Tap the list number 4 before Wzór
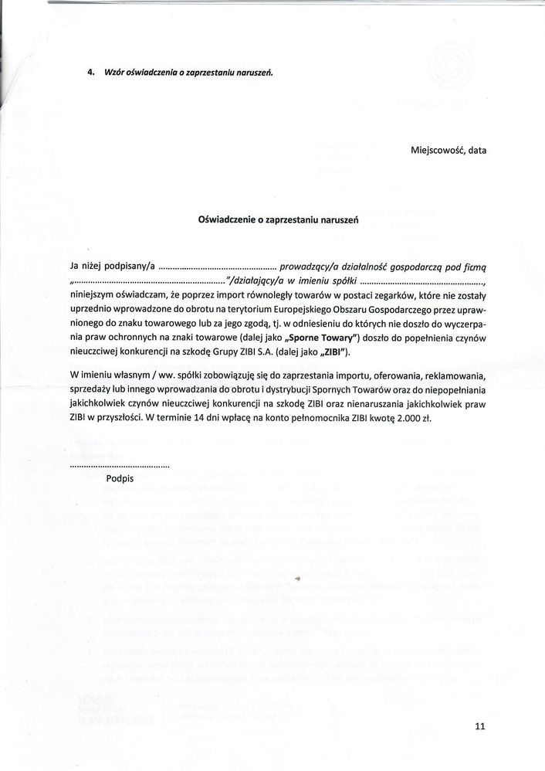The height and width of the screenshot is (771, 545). coord(90,73)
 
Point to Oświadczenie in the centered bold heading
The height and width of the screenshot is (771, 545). coord(228,219)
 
